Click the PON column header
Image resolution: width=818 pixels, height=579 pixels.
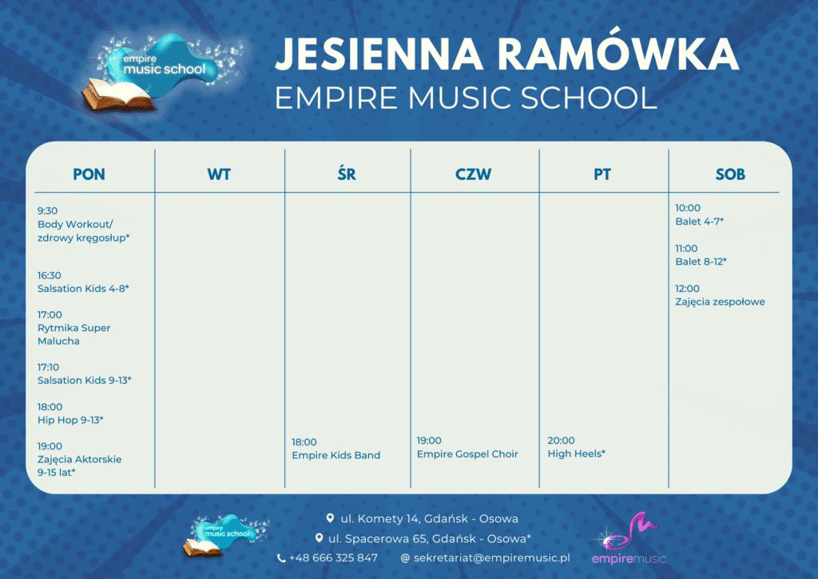click(x=89, y=174)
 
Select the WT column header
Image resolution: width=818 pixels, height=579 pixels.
click(x=219, y=174)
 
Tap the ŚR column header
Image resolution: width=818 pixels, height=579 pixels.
click(x=347, y=174)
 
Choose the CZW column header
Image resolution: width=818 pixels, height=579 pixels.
click(x=474, y=174)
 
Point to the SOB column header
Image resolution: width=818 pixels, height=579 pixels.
click(x=730, y=174)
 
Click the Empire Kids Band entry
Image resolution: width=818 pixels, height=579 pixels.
click(x=336, y=456)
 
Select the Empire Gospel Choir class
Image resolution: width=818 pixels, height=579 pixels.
click(x=467, y=454)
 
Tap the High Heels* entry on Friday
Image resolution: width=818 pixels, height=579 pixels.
click(x=576, y=454)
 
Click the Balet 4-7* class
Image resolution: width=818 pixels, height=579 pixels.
click(x=700, y=222)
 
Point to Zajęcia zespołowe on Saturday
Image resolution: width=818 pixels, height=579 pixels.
click(x=720, y=301)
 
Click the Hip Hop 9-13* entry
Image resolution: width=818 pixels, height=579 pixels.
click(x=70, y=420)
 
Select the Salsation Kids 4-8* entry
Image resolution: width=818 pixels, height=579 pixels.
click(x=83, y=288)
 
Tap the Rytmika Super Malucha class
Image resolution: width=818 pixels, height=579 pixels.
click(x=73, y=334)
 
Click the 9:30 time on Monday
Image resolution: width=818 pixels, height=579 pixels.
click(x=47, y=211)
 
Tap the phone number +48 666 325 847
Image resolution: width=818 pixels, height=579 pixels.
click(x=333, y=557)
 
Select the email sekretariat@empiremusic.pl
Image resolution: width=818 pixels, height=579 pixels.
click(x=491, y=557)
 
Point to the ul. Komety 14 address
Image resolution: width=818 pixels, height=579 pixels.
click(x=429, y=518)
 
